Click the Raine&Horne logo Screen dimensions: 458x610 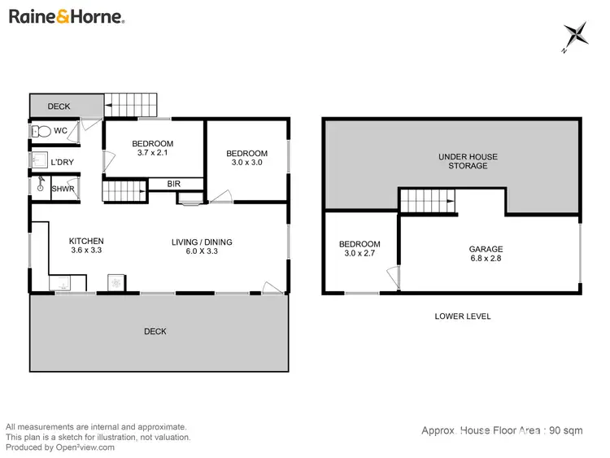pos(65,16)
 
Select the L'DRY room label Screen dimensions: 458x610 pos(62,163)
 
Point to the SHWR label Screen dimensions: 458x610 pos(63,189)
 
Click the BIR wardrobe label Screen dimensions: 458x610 pos(172,183)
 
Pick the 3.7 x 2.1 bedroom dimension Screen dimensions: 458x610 pos(153,154)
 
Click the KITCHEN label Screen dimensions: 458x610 pos(86,241)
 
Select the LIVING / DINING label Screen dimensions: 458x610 pos(202,242)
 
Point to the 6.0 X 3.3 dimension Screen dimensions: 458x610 pos(202,251)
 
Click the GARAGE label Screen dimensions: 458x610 pos(486,249)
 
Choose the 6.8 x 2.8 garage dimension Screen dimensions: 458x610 pos(486,259)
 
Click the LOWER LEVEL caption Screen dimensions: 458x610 pos(463,316)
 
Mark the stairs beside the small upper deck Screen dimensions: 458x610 pos(130,104)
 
